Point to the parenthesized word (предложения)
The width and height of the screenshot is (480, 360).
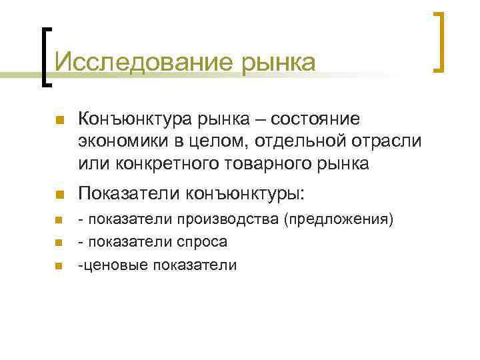click(339, 219)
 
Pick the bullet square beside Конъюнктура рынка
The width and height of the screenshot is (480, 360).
click(58, 121)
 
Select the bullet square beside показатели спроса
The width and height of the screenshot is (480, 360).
click(58, 243)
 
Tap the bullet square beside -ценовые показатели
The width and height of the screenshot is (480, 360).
click(58, 266)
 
